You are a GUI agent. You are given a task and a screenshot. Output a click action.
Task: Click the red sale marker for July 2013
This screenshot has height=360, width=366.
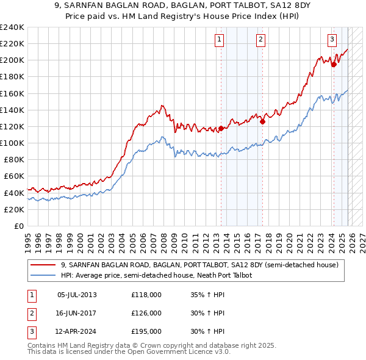coord(221,128)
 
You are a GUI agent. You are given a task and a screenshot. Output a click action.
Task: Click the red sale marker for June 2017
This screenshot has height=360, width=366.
coord(262,121)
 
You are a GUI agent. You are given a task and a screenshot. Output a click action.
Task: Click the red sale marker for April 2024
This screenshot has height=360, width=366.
coord(334,65)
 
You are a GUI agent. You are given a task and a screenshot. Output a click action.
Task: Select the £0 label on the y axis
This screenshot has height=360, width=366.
coord(18,226)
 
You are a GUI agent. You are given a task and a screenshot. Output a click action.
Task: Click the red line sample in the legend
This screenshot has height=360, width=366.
coord(44,265)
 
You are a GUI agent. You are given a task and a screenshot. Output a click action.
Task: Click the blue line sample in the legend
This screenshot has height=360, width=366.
coord(44,275)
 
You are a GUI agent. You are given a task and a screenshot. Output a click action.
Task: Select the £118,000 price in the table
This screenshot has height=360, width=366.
coord(146,295)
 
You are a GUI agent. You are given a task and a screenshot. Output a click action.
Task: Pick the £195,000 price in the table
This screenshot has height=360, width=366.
coord(146,331)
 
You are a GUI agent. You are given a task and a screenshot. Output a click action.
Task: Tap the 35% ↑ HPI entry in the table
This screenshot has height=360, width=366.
coord(208,295)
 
